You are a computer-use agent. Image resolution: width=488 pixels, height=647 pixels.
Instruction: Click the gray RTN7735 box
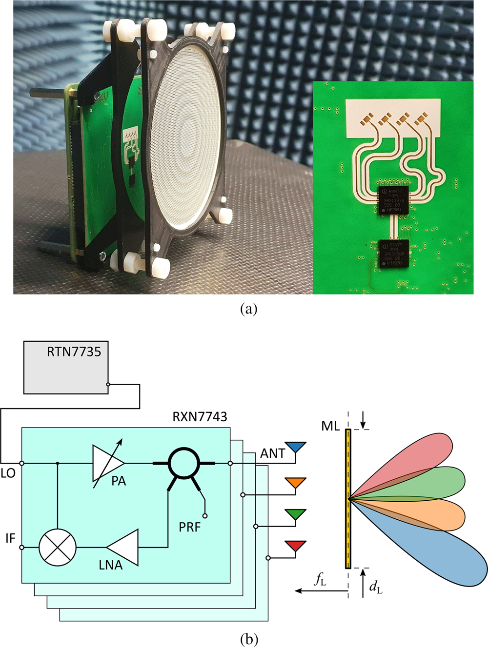click(x=66, y=367)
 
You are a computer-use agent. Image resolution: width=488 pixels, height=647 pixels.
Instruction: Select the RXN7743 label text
click(x=200, y=417)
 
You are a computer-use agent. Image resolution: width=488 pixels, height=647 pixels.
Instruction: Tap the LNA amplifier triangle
click(x=123, y=547)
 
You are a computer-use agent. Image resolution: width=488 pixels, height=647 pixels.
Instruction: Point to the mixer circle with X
click(x=58, y=547)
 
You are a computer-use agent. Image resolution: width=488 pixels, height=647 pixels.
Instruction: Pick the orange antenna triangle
click(x=295, y=483)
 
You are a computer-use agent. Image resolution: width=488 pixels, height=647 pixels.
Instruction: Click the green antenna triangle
click(x=295, y=514)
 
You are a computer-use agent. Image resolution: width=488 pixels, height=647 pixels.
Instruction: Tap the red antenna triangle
click(x=295, y=546)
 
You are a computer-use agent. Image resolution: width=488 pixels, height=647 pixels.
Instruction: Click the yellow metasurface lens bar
click(x=348, y=498)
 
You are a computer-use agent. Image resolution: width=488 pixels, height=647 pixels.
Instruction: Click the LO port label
click(x=8, y=473)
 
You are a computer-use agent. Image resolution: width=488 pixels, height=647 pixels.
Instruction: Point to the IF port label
click(x=10, y=538)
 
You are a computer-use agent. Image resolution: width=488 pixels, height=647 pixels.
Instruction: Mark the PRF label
click(x=190, y=527)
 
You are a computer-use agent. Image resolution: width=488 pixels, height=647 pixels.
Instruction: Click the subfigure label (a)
click(x=248, y=309)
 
